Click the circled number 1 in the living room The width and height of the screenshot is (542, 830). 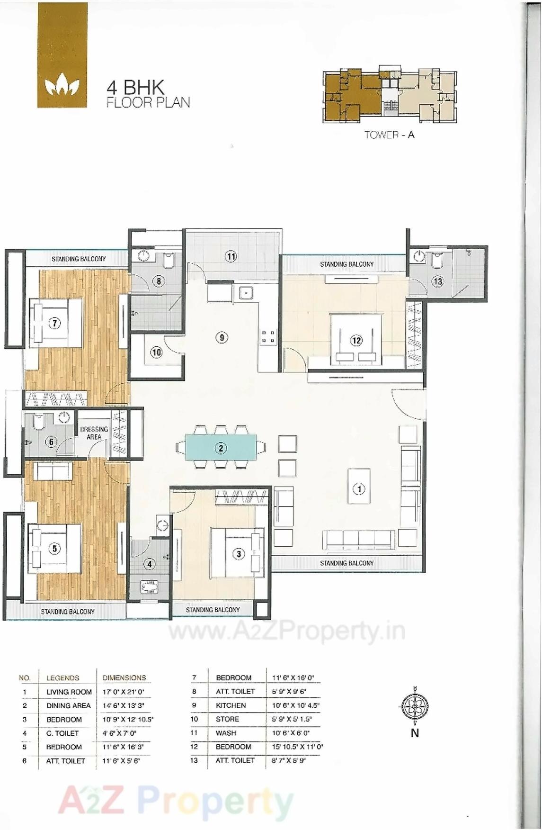point(359,488)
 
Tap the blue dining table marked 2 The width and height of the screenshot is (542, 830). point(221,448)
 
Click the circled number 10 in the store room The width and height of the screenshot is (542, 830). point(156,352)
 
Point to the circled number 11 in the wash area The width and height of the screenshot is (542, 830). point(231,256)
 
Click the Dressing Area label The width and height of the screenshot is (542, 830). point(94,433)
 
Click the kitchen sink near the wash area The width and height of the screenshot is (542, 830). point(245,293)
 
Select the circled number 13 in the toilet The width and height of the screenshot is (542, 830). point(437,281)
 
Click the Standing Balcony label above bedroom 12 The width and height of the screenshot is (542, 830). point(347,264)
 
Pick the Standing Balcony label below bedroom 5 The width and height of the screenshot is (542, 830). point(68,612)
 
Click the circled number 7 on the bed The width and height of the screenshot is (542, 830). point(55,323)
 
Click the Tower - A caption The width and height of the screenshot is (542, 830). point(389,135)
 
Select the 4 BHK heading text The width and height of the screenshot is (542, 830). point(135,88)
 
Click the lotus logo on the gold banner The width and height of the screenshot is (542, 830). point(62,86)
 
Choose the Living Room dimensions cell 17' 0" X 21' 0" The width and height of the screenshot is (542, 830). point(123,692)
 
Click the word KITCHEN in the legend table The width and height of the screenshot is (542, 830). point(231,705)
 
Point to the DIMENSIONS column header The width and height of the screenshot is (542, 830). point(124,677)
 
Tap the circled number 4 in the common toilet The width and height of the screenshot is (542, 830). point(150,564)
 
